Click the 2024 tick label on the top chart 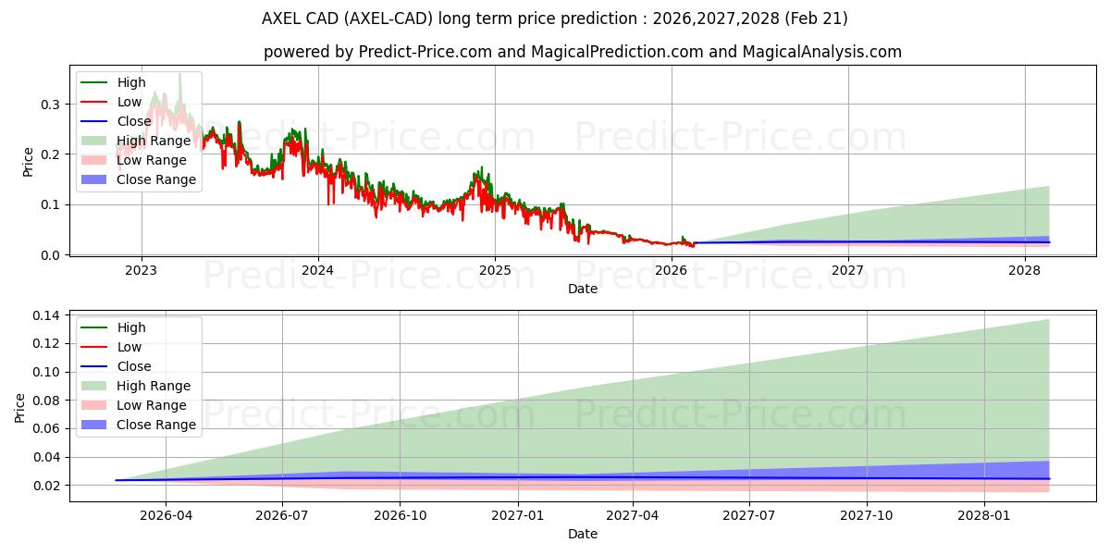(x=317, y=270)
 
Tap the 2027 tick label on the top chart (x=847, y=270)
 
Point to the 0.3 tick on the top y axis (x=50, y=105)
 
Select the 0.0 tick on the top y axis (x=50, y=255)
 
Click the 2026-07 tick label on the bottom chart (x=282, y=515)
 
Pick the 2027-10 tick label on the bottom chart (x=866, y=515)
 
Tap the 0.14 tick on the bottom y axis (x=46, y=315)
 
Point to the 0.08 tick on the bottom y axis (x=46, y=401)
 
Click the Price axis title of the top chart (x=28, y=162)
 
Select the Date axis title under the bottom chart (x=582, y=534)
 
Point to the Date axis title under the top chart (x=582, y=289)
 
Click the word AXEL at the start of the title (x=281, y=18)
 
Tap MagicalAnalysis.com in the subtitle (x=821, y=52)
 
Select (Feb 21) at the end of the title (x=816, y=18)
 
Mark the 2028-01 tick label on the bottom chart (x=983, y=515)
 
